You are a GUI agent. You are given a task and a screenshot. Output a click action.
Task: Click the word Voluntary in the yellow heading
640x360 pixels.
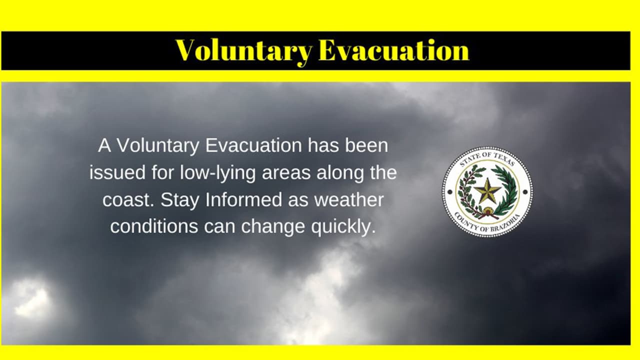point(243,50)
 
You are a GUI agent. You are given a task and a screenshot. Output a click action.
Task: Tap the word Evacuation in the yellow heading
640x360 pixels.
point(393,50)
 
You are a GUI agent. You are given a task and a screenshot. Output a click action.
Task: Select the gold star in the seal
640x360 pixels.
point(487,191)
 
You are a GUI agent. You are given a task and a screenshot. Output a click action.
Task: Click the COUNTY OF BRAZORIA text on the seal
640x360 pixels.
point(487,224)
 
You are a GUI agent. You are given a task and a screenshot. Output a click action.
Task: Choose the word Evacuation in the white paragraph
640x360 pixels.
point(253,146)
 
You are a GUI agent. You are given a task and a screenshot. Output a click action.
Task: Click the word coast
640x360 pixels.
point(127,200)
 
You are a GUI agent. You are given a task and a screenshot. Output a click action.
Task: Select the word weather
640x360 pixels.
point(349,200)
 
